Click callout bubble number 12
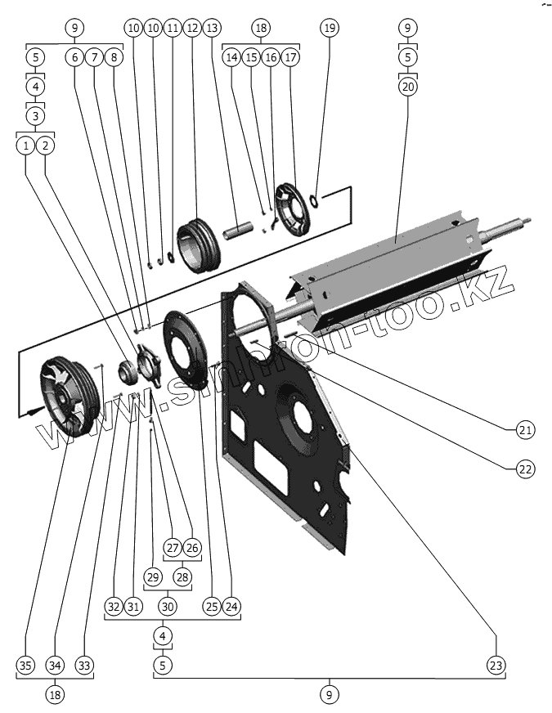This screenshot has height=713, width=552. (192, 28)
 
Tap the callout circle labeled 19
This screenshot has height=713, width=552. (330, 28)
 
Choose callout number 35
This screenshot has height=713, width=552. (26, 665)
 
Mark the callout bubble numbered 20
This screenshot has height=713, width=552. (408, 86)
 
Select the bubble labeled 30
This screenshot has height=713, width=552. (168, 607)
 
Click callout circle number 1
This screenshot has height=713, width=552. (26, 146)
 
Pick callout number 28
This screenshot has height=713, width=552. (182, 577)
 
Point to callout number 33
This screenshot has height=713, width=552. (83, 665)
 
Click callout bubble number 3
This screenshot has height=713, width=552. (36, 115)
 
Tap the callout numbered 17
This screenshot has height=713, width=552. (290, 58)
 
